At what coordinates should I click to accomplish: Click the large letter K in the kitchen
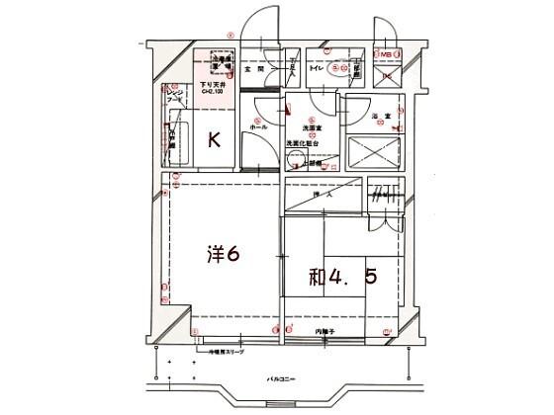click(213, 140)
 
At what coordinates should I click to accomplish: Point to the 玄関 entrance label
click(256, 70)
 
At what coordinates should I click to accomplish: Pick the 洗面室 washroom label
click(301, 128)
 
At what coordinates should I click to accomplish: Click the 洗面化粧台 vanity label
click(301, 143)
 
